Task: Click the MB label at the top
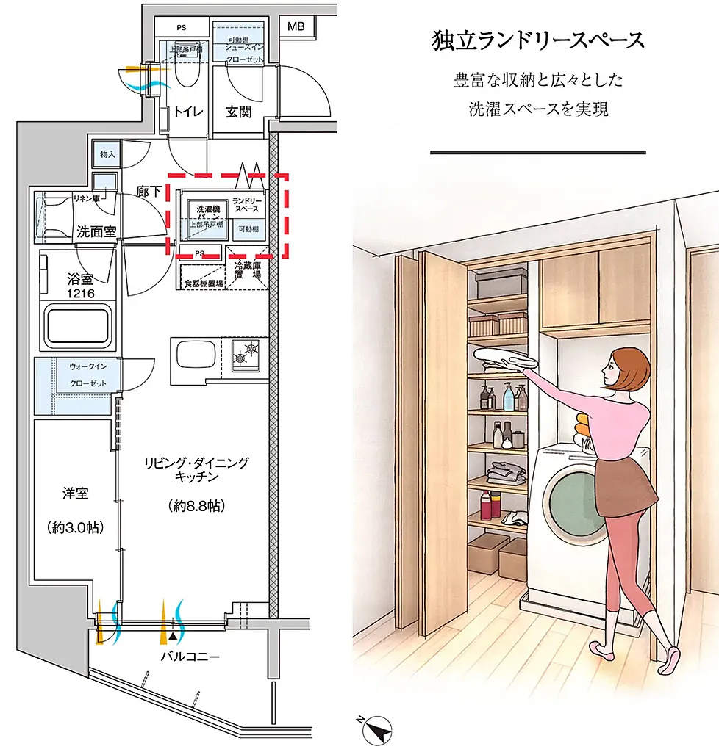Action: (x=296, y=26)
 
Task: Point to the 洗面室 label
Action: (x=96, y=231)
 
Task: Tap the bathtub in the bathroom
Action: (x=79, y=326)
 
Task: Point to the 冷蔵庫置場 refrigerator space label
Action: (x=248, y=273)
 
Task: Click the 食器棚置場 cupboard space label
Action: (x=202, y=282)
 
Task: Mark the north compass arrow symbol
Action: (x=379, y=729)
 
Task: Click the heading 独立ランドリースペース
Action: (x=537, y=41)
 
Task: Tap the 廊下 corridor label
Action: (x=149, y=192)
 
